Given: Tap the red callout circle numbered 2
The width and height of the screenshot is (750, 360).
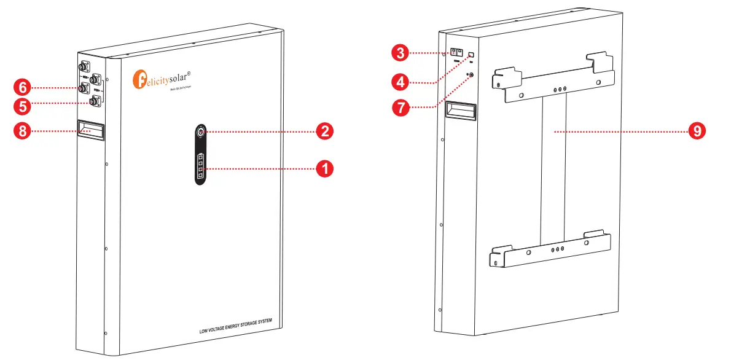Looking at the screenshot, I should tap(324, 131).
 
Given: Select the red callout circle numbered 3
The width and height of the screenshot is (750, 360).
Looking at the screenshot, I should tap(400, 53).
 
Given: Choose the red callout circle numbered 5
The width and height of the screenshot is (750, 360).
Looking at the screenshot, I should tap(23, 106).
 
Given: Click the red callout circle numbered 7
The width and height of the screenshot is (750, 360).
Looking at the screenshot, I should tap(400, 107).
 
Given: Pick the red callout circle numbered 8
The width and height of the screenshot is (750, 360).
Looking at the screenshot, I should tap(23, 130).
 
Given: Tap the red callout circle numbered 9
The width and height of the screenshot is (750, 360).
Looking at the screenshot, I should tap(696, 131).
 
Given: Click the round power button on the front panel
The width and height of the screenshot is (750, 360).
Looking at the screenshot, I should tap(201, 131).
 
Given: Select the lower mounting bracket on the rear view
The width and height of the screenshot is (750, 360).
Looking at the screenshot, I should tap(552, 250).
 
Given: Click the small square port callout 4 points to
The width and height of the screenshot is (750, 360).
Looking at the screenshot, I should tap(472, 54).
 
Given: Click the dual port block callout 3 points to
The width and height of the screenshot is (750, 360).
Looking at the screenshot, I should tap(457, 53).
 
